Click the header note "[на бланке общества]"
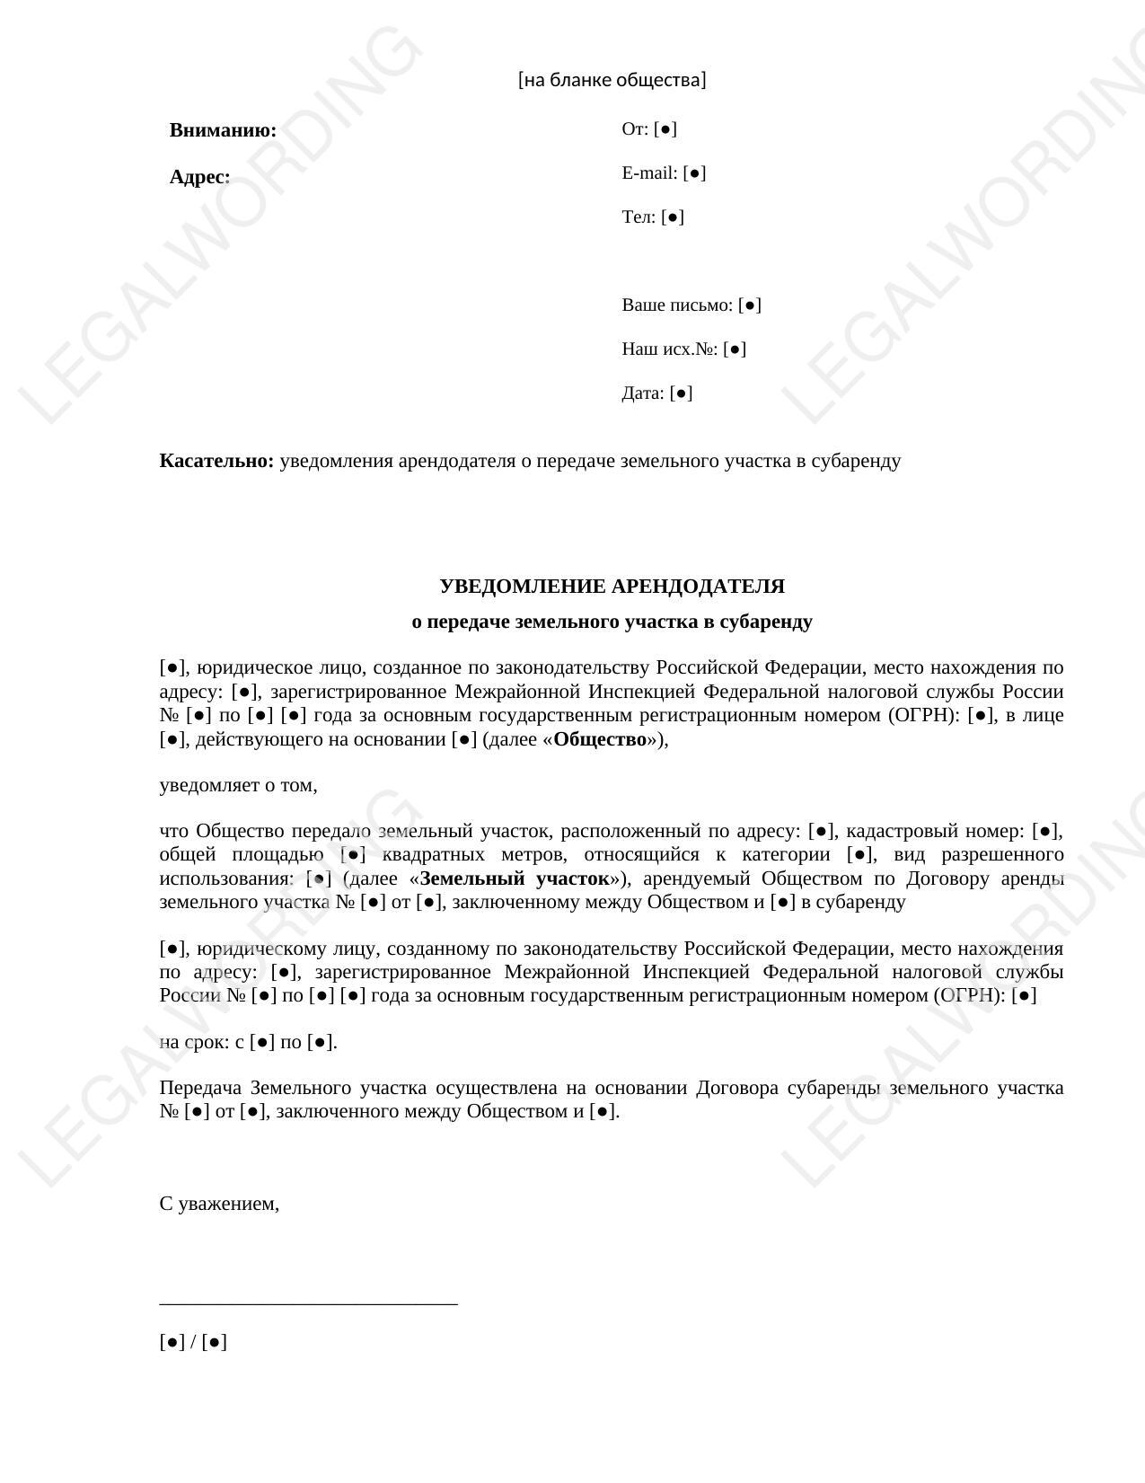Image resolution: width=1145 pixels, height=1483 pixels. pos(612,80)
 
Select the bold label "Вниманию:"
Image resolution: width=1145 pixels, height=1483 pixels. pos(223,130)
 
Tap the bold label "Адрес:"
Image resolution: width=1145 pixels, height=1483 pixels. pos(199,177)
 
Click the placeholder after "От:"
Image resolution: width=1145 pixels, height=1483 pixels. pos(665,129)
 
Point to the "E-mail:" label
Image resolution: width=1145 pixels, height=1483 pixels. pos(649,173)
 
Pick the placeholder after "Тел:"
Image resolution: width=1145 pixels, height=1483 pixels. pos(673,217)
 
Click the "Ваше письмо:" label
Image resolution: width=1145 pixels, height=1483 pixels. pos(677,305)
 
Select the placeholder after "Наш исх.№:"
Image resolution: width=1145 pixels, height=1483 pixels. pos(735,349)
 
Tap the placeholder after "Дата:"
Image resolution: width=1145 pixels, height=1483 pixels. pos(681,393)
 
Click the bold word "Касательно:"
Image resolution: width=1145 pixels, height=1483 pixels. pos(216,462)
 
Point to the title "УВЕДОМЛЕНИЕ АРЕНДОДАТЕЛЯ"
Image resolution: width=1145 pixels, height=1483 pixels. pos(612,587)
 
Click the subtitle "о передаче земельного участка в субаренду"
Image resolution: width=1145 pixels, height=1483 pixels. pos(612,622)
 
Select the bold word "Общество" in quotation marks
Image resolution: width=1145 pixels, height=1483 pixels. pos(599,740)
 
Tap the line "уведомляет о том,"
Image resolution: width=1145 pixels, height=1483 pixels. pos(238,786)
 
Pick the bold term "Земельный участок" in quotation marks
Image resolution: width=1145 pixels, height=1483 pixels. pos(515,878)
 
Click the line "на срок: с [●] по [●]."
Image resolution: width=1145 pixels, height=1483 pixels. pos(248,1043)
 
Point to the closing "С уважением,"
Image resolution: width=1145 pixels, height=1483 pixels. pos(219,1205)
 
